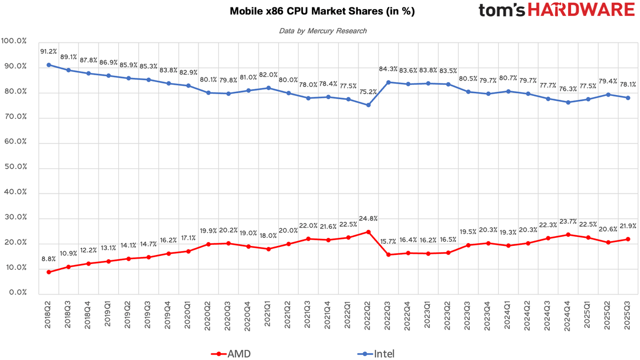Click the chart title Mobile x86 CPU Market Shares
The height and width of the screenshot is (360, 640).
click(322, 11)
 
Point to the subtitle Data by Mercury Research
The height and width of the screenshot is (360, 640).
click(323, 31)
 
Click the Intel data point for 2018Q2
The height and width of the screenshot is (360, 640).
click(49, 65)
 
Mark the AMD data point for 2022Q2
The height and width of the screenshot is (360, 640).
click(368, 232)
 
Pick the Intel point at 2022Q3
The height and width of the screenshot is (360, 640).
click(388, 82)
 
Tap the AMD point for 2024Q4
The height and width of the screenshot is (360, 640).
click(568, 235)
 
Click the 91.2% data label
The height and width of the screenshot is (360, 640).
click(49, 52)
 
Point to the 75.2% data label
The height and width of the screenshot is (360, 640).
click(368, 92)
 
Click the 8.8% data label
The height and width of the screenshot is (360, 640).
click(49, 259)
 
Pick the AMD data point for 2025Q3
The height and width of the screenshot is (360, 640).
click(628, 239)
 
